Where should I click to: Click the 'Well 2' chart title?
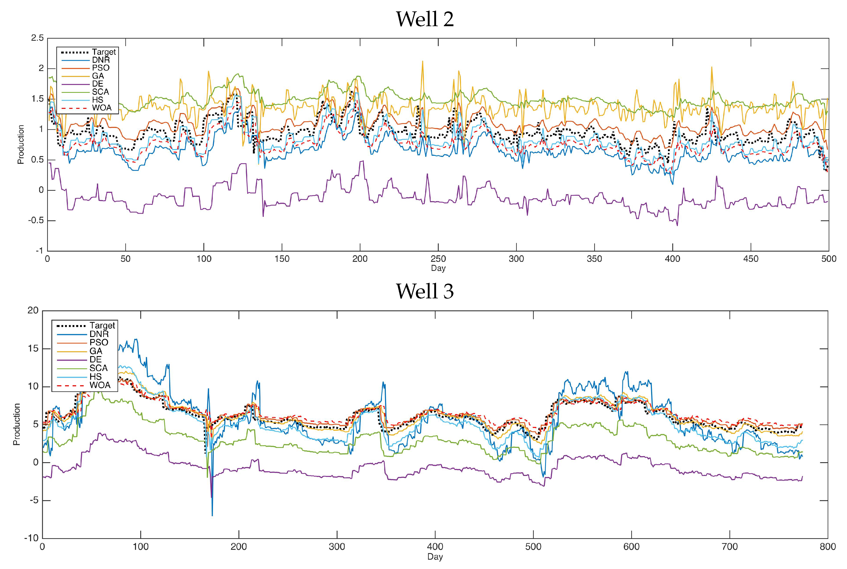coord(424,19)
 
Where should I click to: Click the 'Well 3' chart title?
coord(424,291)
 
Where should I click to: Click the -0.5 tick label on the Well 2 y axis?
coord(35,221)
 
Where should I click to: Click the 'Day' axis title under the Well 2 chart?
coord(438,268)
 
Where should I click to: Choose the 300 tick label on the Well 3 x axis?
coord(337,546)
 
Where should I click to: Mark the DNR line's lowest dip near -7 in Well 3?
coord(212,515)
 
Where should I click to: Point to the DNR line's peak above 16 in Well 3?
coord(136,339)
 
